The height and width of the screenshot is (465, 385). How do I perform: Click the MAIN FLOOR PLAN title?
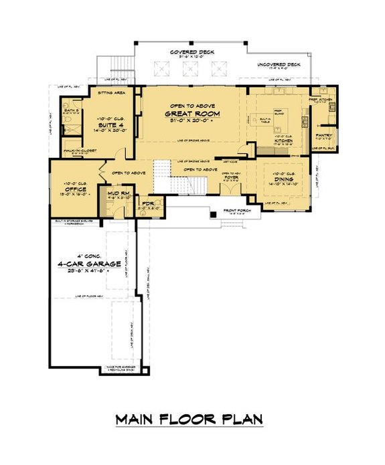pos(189,420)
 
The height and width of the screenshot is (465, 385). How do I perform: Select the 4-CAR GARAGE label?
pos(85,264)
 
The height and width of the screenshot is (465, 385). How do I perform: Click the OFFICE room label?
pos(74,189)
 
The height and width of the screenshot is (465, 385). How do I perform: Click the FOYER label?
pos(231,177)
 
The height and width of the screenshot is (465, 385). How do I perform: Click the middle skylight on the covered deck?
pos(189,68)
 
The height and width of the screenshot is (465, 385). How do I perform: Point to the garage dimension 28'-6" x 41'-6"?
pos(85,271)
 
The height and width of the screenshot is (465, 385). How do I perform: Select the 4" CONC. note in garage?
pos(85,256)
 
